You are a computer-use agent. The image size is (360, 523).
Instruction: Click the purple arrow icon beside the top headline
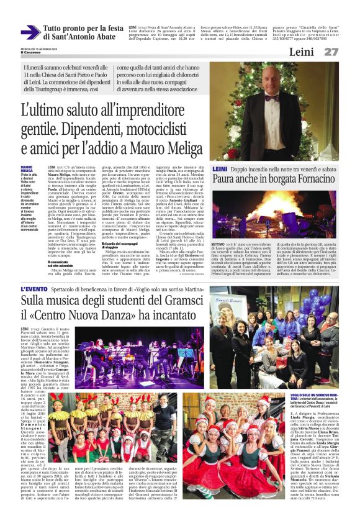click(30, 32)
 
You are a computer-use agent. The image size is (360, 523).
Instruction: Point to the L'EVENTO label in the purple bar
click(34, 290)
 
